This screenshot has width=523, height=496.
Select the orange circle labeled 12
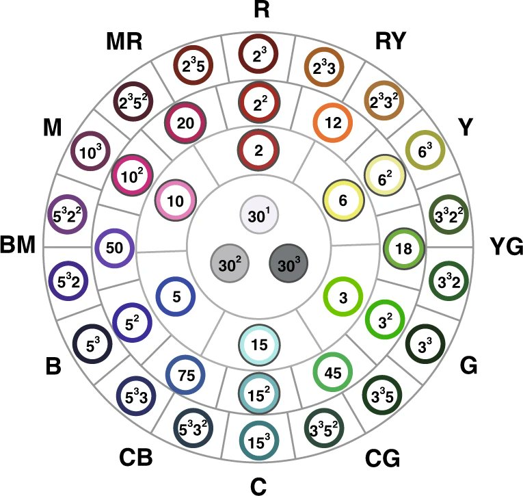333,123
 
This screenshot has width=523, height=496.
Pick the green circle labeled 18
403,248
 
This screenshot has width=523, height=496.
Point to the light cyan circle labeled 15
258,343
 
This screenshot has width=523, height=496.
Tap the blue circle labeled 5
176,297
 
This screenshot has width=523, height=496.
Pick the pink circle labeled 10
176,201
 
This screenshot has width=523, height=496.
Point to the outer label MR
124,42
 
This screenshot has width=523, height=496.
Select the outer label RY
390,42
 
